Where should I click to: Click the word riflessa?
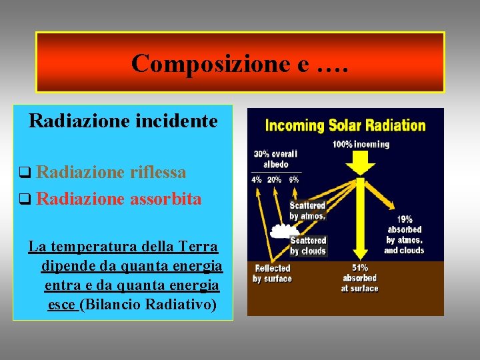[x=158, y=172]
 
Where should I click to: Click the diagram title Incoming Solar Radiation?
[x=345, y=125]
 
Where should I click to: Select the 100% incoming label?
[x=361, y=144]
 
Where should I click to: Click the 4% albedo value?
[x=257, y=179]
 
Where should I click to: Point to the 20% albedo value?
[x=274, y=179]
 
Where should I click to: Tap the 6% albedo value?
[x=294, y=179]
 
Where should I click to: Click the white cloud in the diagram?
[x=283, y=231]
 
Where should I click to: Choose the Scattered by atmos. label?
[x=307, y=211]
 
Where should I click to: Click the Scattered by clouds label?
[x=307, y=245]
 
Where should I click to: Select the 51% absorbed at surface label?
[x=359, y=283]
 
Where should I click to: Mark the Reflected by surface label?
[x=272, y=273]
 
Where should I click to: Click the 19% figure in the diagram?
[x=405, y=219]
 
